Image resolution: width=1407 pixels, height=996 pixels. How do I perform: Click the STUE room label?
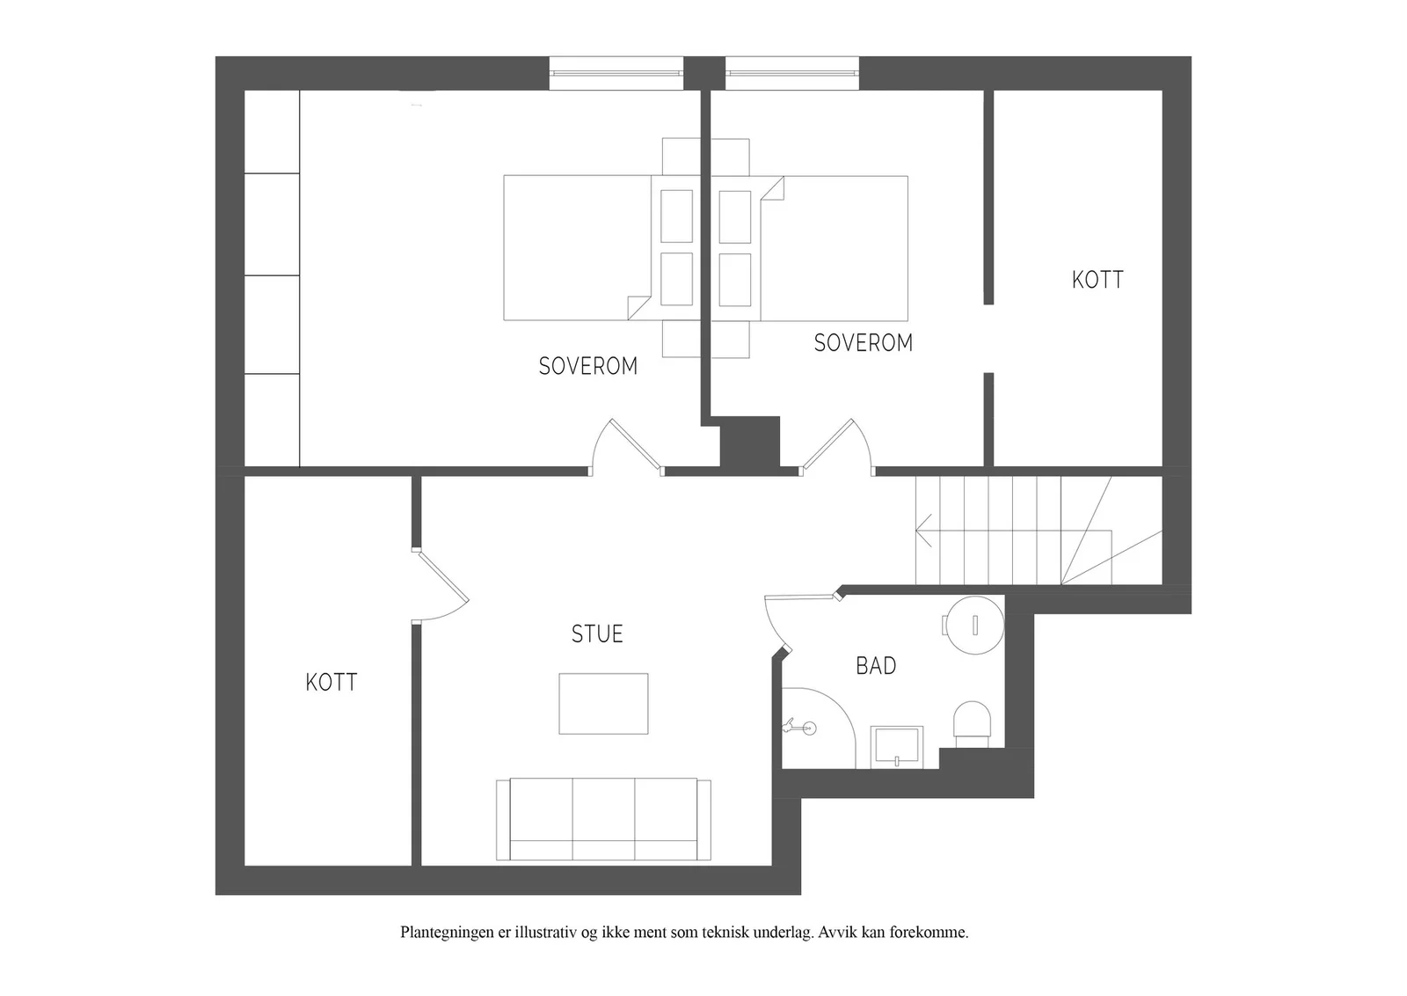coord(597,634)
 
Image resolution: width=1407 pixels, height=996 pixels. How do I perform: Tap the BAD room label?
coord(876,665)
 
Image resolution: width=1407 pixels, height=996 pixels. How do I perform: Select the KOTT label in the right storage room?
coord(1097,280)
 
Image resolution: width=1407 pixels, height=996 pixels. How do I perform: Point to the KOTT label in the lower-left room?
coord(331,683)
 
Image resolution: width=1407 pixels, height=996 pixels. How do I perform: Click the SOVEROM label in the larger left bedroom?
coord(588,366)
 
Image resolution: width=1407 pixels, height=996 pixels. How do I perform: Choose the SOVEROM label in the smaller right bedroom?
coord(863,342)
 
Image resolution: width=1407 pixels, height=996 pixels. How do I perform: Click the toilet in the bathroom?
coord(972,724)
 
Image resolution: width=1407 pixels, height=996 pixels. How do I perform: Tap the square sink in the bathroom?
coord(897,746)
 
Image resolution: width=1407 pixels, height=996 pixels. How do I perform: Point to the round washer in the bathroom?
coord(975,626)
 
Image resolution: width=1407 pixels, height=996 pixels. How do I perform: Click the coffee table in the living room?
coord(603,703)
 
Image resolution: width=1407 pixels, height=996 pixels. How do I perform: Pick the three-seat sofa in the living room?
coord(603,819)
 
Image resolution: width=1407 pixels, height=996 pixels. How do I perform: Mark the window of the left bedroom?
coord(616,74)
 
